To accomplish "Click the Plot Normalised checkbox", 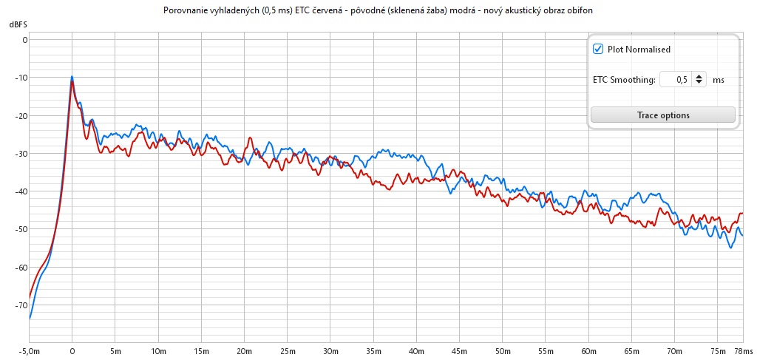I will (598, 50).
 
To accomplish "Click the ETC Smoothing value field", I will (673, 79).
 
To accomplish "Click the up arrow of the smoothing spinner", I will (699, 75).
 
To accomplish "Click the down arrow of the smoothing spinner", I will (699, 83).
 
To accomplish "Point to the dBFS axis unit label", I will (18, 25).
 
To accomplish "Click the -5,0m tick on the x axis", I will (30, 350).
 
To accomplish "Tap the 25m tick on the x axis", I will (287, 350).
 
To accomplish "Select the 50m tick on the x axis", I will (502, 350).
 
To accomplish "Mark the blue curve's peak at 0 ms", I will (72, 76).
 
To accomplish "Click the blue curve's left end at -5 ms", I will (30, 319).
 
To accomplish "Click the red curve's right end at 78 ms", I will (742, 214).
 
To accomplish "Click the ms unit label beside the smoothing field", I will (718, 80).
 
